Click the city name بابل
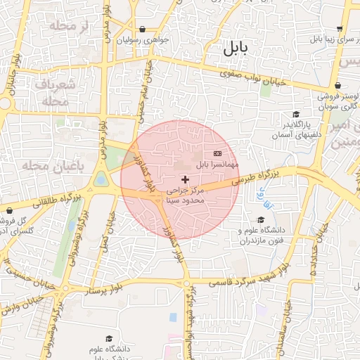[236, 49]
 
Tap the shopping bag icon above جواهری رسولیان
[143, 30]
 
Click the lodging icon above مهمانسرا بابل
[217, 153]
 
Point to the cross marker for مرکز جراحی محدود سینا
[185, 180]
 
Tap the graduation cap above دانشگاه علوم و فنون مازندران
[261, 219]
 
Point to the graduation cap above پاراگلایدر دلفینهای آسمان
[296, 114]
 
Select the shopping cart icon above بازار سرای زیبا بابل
[340, 30]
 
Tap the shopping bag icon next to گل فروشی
[9, 210]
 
